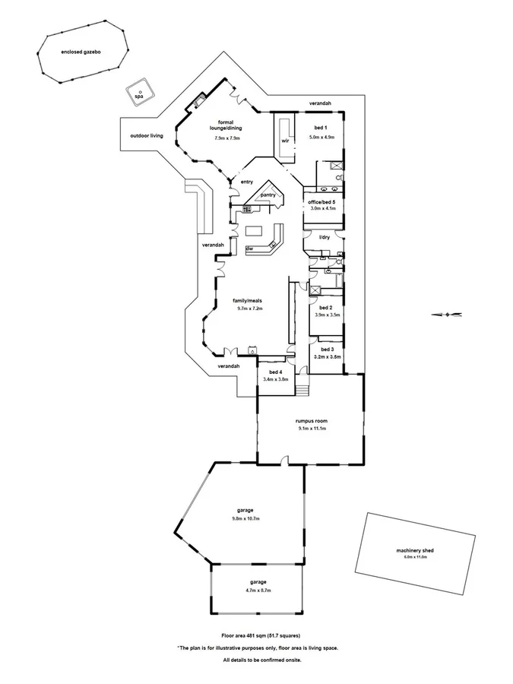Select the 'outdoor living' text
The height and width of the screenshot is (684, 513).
point(147,135)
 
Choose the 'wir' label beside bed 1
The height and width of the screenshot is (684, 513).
point(285,141)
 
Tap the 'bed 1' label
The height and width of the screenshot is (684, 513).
point(321,127)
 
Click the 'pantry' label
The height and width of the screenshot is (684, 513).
point(268,195)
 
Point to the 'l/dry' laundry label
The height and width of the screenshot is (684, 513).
point(324,237)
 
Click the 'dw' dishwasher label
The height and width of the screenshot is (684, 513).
point(249,249)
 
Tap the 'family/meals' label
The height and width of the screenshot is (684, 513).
point(247,301)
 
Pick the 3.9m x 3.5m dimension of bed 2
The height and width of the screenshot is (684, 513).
point(328,315)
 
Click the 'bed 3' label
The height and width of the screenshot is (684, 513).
point(327,349)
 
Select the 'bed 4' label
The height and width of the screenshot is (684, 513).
point(275,372)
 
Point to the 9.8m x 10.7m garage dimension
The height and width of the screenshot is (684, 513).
point(245,518)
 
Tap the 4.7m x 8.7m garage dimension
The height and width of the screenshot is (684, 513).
point(256,590)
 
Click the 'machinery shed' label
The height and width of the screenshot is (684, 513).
point(415,550)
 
